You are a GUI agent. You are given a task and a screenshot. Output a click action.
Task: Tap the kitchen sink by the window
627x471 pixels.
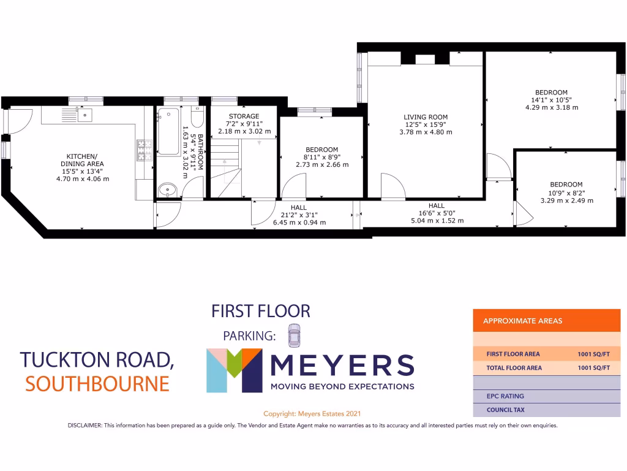84,114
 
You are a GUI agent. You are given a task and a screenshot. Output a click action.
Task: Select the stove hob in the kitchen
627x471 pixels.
145,150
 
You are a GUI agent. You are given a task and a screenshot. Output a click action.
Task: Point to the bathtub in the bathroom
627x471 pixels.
168,131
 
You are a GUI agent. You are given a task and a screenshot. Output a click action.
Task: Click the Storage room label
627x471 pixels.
244,116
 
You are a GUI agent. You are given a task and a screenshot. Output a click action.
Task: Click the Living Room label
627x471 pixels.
426,117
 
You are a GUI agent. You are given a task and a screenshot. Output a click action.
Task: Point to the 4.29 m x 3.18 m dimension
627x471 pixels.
551,107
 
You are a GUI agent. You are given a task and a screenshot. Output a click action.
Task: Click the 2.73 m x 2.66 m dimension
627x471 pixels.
321,164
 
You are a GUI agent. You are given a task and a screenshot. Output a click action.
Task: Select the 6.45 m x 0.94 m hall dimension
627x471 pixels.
299,222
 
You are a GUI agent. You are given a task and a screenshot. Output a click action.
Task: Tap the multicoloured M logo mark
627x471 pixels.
233,370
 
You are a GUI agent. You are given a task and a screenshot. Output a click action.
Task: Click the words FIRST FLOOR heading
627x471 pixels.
261,311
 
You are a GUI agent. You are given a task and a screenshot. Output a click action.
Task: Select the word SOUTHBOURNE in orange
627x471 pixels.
97,384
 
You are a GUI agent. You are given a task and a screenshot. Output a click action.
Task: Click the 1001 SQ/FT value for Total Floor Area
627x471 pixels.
593,368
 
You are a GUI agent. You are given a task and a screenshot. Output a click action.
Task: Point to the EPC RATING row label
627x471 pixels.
505,396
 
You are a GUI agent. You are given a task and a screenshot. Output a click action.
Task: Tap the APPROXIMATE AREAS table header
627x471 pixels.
522,321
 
